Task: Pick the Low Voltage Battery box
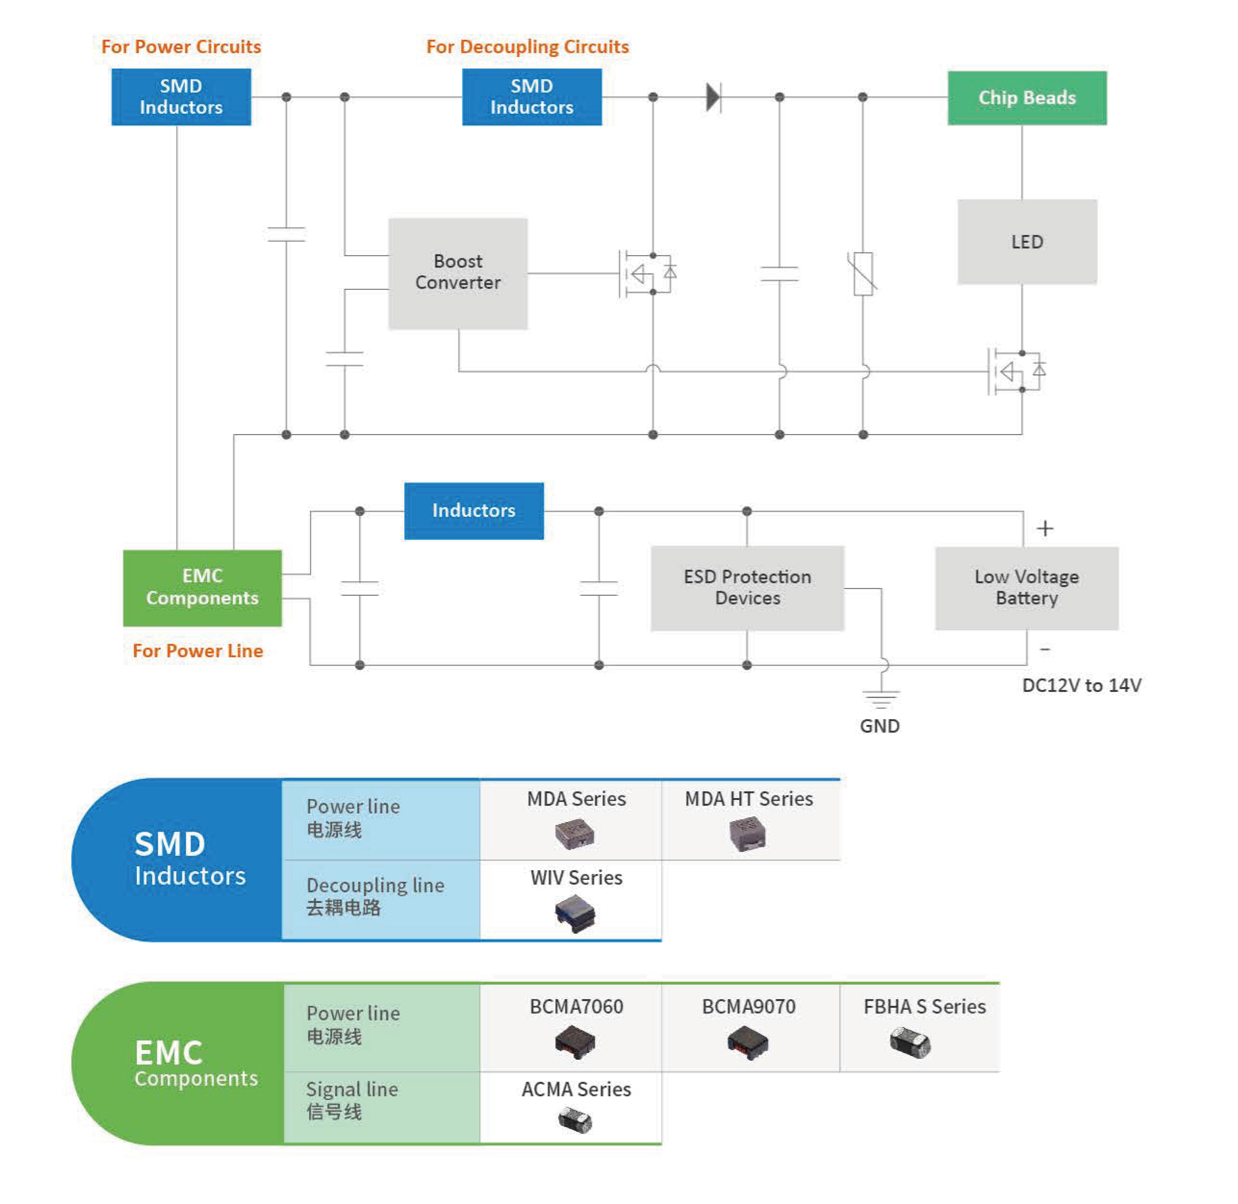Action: coord(1026,587)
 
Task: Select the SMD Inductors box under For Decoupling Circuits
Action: coord(531,97)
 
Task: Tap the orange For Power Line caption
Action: coord(197,651)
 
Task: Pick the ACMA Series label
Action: coord(576,1089)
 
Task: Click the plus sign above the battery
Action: coord(1044,528)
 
